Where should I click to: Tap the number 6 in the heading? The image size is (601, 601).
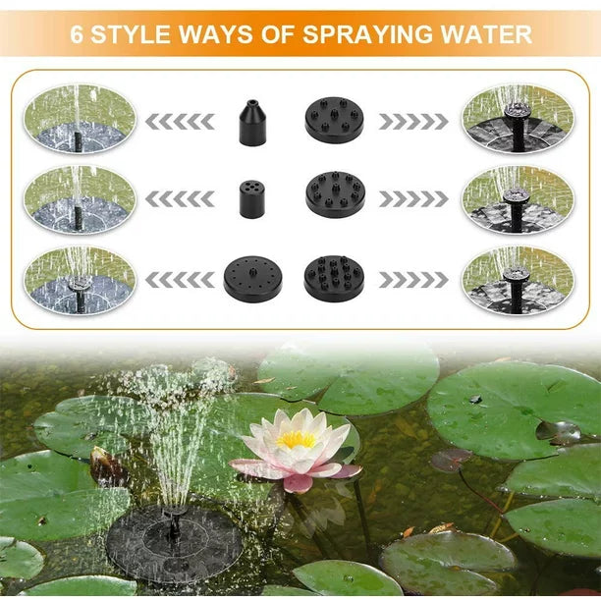(x=77, y=34)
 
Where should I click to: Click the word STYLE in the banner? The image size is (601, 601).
(x=131, y=34)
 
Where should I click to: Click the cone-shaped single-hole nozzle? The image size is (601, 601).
(x=251, y=123)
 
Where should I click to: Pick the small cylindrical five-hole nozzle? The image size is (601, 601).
(x=251, y=199)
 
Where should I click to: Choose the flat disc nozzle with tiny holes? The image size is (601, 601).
(x=252, y=280)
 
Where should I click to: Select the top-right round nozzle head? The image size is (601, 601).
(x=334, y=120)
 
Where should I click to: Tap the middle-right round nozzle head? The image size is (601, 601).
(x=336, y=194)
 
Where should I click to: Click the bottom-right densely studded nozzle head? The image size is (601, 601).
(x=334, y=279)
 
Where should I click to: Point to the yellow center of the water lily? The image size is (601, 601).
(x=296, y=440)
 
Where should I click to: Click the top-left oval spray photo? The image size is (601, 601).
(x=80, y=119)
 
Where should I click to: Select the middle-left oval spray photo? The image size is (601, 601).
(x=80, y=199)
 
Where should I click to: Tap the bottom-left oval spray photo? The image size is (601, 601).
(x=80, y=280)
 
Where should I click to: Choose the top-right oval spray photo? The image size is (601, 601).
(x=518, y=119)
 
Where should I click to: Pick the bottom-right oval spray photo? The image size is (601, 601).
(x=518, y=280)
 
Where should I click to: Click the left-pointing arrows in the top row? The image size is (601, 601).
(x=180, y=122)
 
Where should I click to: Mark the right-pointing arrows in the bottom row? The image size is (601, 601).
(x=413, y=280)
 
